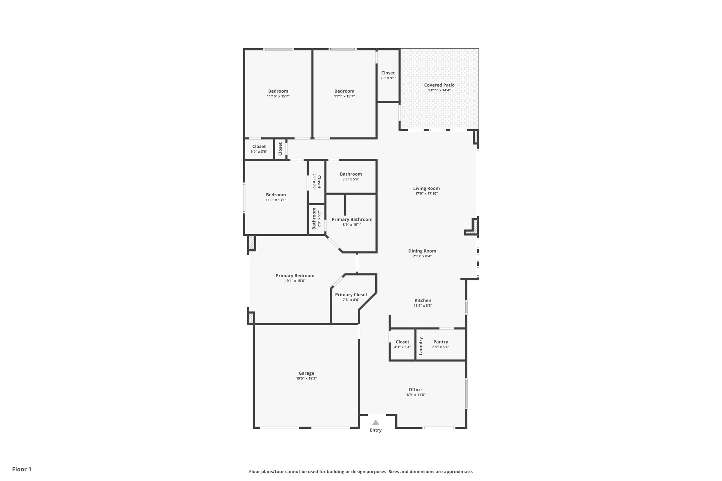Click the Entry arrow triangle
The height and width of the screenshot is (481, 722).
coord(376,423)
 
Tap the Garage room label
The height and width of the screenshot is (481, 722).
coord(306,373)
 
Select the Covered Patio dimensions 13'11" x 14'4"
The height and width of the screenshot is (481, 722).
coord(439,90)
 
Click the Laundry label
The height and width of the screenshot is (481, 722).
coord(421,346)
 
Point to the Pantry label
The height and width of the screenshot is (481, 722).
coord(440,342)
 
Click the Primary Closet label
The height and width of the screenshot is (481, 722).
coord(351,295)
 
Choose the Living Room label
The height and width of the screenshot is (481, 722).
coord(426,188)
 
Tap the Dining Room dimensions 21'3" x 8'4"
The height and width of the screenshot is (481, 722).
coord(422,256)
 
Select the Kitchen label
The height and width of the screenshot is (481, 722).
coord(423,300)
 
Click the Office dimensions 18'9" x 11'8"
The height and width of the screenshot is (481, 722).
coord(415,395)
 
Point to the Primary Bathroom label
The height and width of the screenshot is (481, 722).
coord(352,219)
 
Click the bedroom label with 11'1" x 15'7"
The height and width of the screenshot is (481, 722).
coord(344,91)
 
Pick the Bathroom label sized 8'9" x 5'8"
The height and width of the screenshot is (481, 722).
coord(351,174)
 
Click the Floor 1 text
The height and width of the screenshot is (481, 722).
coord(22,469)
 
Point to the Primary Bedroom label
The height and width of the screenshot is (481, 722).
coord(295,275)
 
